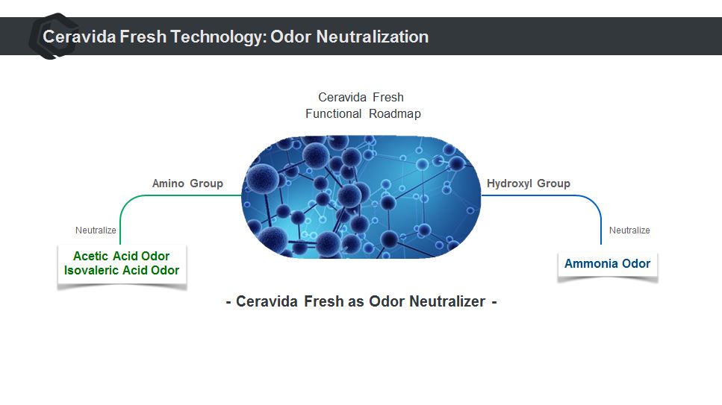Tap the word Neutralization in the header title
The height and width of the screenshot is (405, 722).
pos(373,37)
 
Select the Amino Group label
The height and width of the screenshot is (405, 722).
pos(187,183)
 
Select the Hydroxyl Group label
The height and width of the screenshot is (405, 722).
pos(528,183)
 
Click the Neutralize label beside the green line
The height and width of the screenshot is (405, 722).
pos(96,230)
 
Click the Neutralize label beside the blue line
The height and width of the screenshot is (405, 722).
pos(629,230)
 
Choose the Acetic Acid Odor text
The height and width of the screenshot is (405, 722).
pos(121,256)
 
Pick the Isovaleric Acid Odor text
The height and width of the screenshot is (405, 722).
pos(122,270)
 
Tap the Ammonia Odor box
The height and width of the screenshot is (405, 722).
pos(607,266)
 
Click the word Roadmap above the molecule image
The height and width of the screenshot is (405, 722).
pos(395,113)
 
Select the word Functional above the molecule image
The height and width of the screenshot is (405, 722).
pos(333,113)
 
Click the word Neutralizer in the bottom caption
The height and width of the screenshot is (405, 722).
pos(447,301)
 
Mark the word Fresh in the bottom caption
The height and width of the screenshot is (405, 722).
pos(324,301)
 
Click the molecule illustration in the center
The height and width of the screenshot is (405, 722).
pos(361,197)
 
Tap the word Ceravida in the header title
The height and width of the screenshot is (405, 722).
pos(79,37)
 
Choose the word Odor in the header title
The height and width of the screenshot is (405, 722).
pos(290,37)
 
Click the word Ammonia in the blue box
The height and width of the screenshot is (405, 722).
pos(591,264)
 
